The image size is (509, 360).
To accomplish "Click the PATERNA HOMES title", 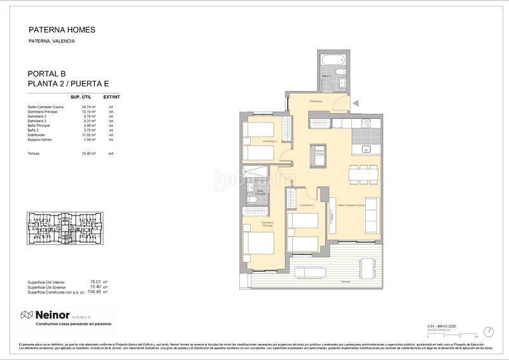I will pos(62,29).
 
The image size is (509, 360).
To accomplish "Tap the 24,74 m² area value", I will pos(88,107).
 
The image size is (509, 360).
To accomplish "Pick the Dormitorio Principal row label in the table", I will pos(43,112).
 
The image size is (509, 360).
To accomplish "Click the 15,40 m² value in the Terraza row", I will pos(88,154).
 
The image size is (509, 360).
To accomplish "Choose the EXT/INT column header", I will pos(113,97).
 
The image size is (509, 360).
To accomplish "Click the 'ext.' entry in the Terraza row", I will pos(111,154).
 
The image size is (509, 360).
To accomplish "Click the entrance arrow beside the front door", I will pos(356,102).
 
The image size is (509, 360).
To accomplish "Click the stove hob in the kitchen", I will pos(367,123).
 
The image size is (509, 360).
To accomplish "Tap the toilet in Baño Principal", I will pos(253,202).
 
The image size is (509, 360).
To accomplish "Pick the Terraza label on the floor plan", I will pos(345,280).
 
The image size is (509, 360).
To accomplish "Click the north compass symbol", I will pos(488,331).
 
